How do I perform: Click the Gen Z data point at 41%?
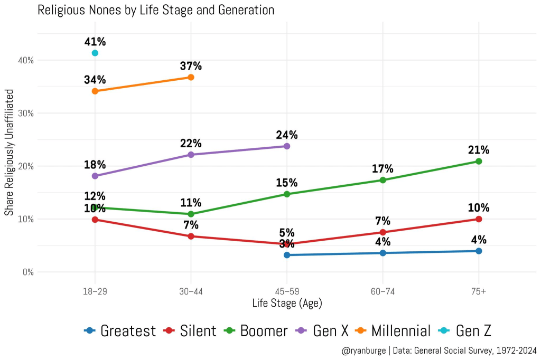[x=95, y=53]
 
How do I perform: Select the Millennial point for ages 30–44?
[x=191, y=77]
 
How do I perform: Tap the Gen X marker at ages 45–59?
[x=287, y=146]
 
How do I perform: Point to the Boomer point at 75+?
[x=479, y=161]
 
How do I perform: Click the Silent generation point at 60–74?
[x=383, y=232]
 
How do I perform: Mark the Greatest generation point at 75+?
[x=479, y=251]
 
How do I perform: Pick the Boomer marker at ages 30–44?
[x=191, y=214]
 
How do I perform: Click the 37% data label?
[x=191, y=66]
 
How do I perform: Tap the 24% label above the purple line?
[x=287, y=135]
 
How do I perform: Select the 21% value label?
[x=479, y=150]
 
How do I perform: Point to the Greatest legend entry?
[x=120, y=331]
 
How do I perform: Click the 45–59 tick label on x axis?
[x=287, y=291]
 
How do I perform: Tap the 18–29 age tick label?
[x=95, y=291]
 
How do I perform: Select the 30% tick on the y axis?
[x=26, y=113]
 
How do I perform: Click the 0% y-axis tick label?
[x=28, y=272]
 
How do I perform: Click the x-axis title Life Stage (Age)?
[x=287, y=303]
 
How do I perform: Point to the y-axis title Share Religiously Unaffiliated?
[x=9, y=166]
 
